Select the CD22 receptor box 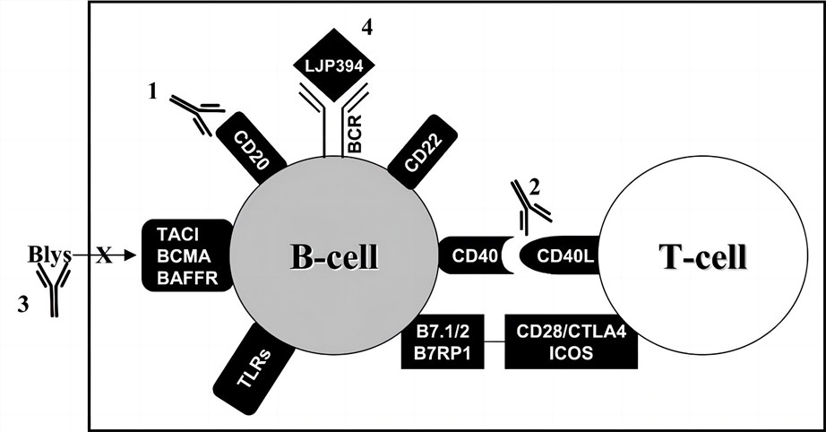(422, 153)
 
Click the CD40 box (471, 256)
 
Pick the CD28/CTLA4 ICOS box (571, 341)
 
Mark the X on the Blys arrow (104, 256)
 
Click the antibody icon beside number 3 (56, 294)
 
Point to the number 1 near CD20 (153, 91)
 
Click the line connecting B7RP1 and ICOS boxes (492, 341)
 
